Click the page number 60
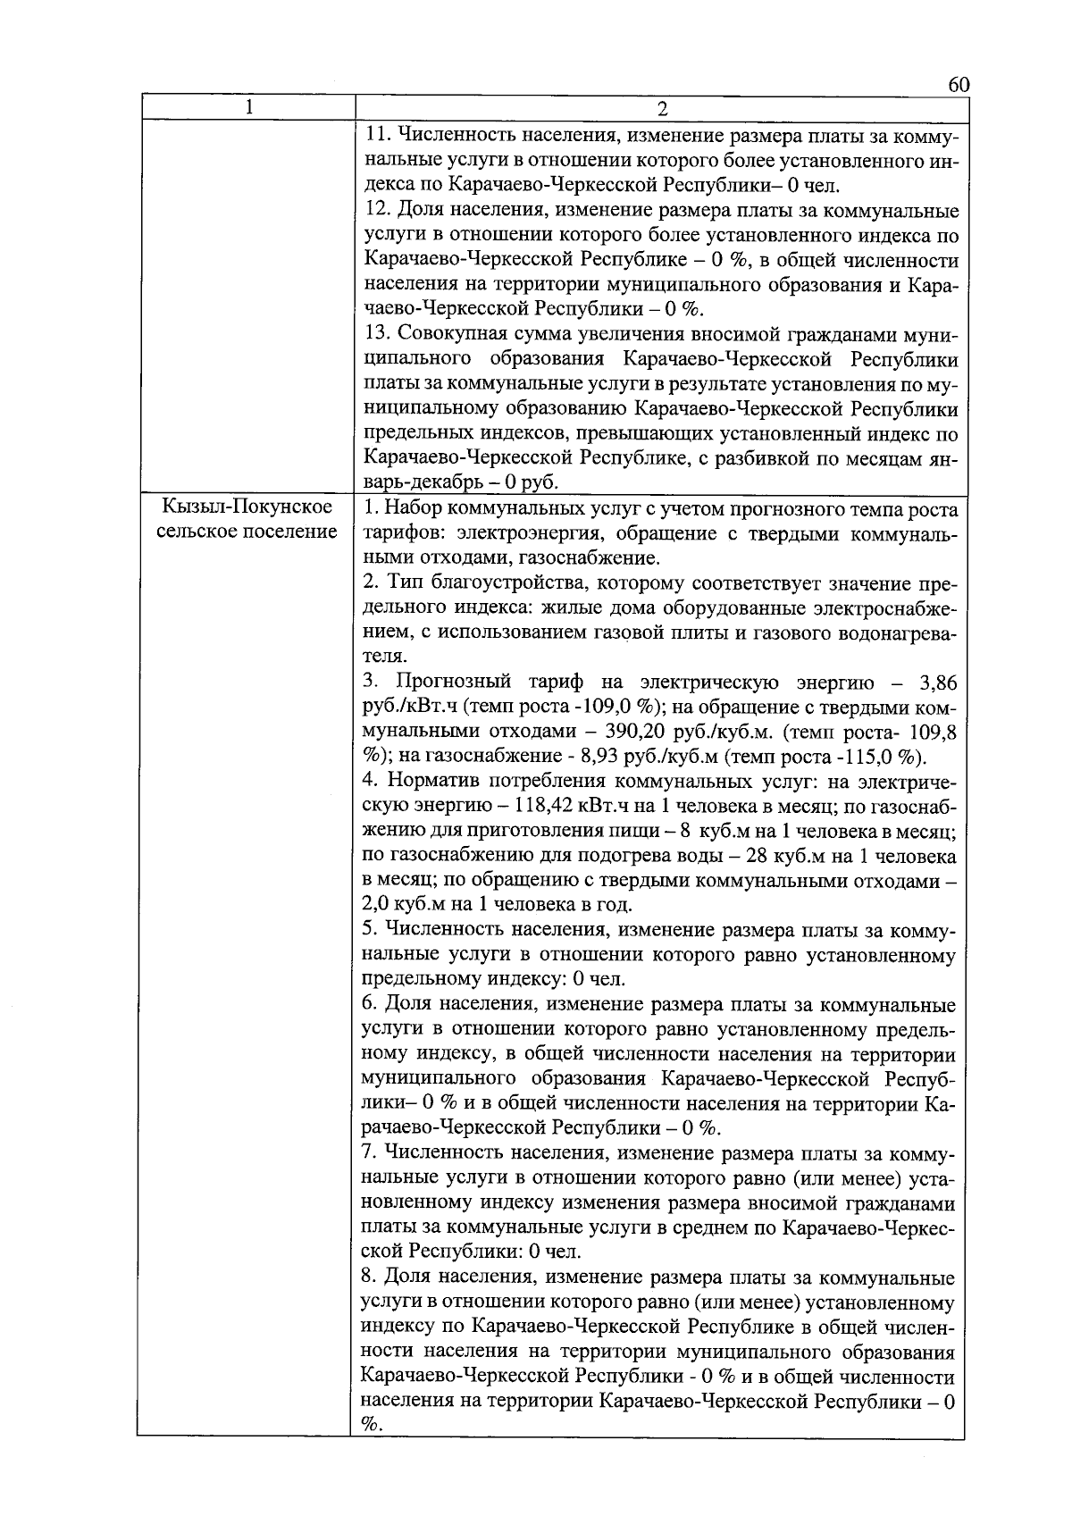[x=958, y=85]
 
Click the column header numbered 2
[x=662, y=109]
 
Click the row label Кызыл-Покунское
[x=247, y=507]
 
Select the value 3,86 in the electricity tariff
[x=938, y=683]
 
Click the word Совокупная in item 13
[x=454, y=335]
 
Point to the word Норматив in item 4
[x=432, y=782]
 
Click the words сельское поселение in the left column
[x=247, y=532]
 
